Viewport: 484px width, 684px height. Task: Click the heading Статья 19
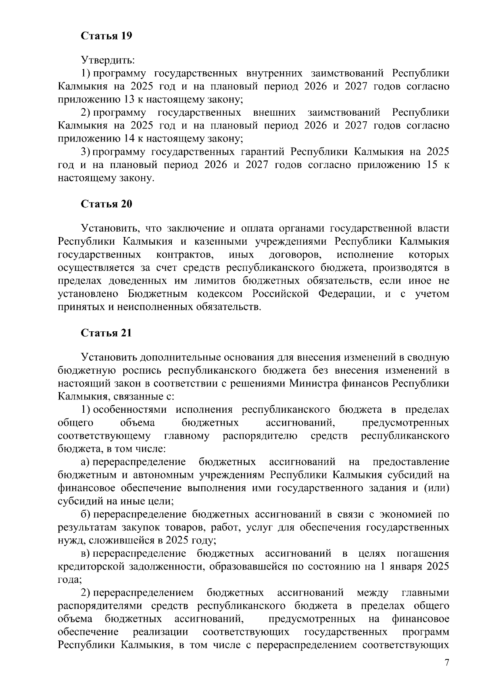pos(106,36)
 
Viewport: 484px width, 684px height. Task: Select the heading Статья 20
pos(106,204)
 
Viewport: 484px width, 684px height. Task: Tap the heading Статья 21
pos(106,333)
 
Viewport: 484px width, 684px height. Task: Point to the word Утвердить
pos(108,60)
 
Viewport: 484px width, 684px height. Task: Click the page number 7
pos(446,663)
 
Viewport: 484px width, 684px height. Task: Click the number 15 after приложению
pos(427,165)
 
